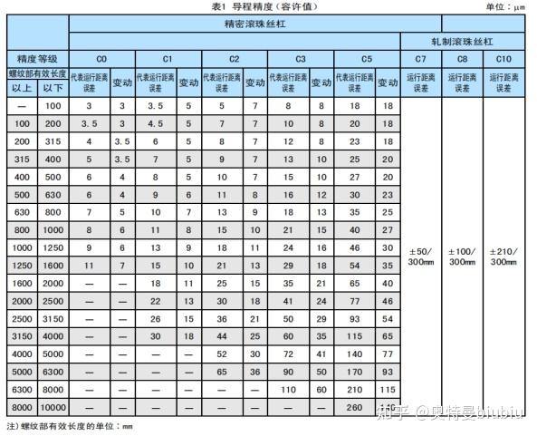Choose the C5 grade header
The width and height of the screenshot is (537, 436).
tap(367, 59)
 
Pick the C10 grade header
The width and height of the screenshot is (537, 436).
tap(503, 59)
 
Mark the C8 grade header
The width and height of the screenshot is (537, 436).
tap(462, 59)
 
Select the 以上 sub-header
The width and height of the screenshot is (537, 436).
tap(21, 88)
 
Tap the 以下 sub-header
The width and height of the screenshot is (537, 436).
tap(53, 88)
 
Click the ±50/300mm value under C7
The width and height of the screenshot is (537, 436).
tap(420, 257)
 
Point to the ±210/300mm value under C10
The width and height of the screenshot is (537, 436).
tap(503, 257)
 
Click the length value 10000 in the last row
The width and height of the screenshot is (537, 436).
tap(53, 407)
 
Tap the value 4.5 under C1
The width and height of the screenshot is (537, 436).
tap(155, 123)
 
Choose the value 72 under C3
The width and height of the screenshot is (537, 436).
tap(287, 354)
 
